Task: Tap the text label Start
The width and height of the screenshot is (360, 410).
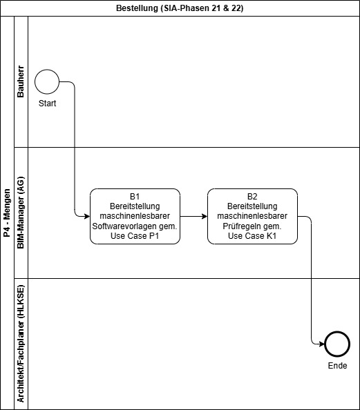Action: point(48,104)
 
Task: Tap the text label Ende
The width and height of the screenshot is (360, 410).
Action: point(337,366)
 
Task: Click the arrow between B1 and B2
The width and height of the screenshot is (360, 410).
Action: point(193,216)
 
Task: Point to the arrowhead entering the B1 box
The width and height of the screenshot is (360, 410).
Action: point(87,216)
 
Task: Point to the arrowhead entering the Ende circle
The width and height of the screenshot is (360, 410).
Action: point(322,344)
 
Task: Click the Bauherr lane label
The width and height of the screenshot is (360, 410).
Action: point(21,81)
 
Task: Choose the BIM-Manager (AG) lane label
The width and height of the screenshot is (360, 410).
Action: point(21,213)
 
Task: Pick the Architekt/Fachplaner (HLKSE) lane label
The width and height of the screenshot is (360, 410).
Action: point(21,344)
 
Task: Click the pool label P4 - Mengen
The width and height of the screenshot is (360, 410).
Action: point(7,213)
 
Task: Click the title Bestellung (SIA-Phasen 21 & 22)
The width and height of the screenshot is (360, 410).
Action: point(180,8)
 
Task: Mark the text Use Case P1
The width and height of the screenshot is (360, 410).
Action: point(135,236)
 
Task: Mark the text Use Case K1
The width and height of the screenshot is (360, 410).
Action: point(252,236)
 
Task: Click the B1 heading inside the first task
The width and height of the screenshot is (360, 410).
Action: point(135,196)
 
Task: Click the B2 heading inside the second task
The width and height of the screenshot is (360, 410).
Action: point(252,196)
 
